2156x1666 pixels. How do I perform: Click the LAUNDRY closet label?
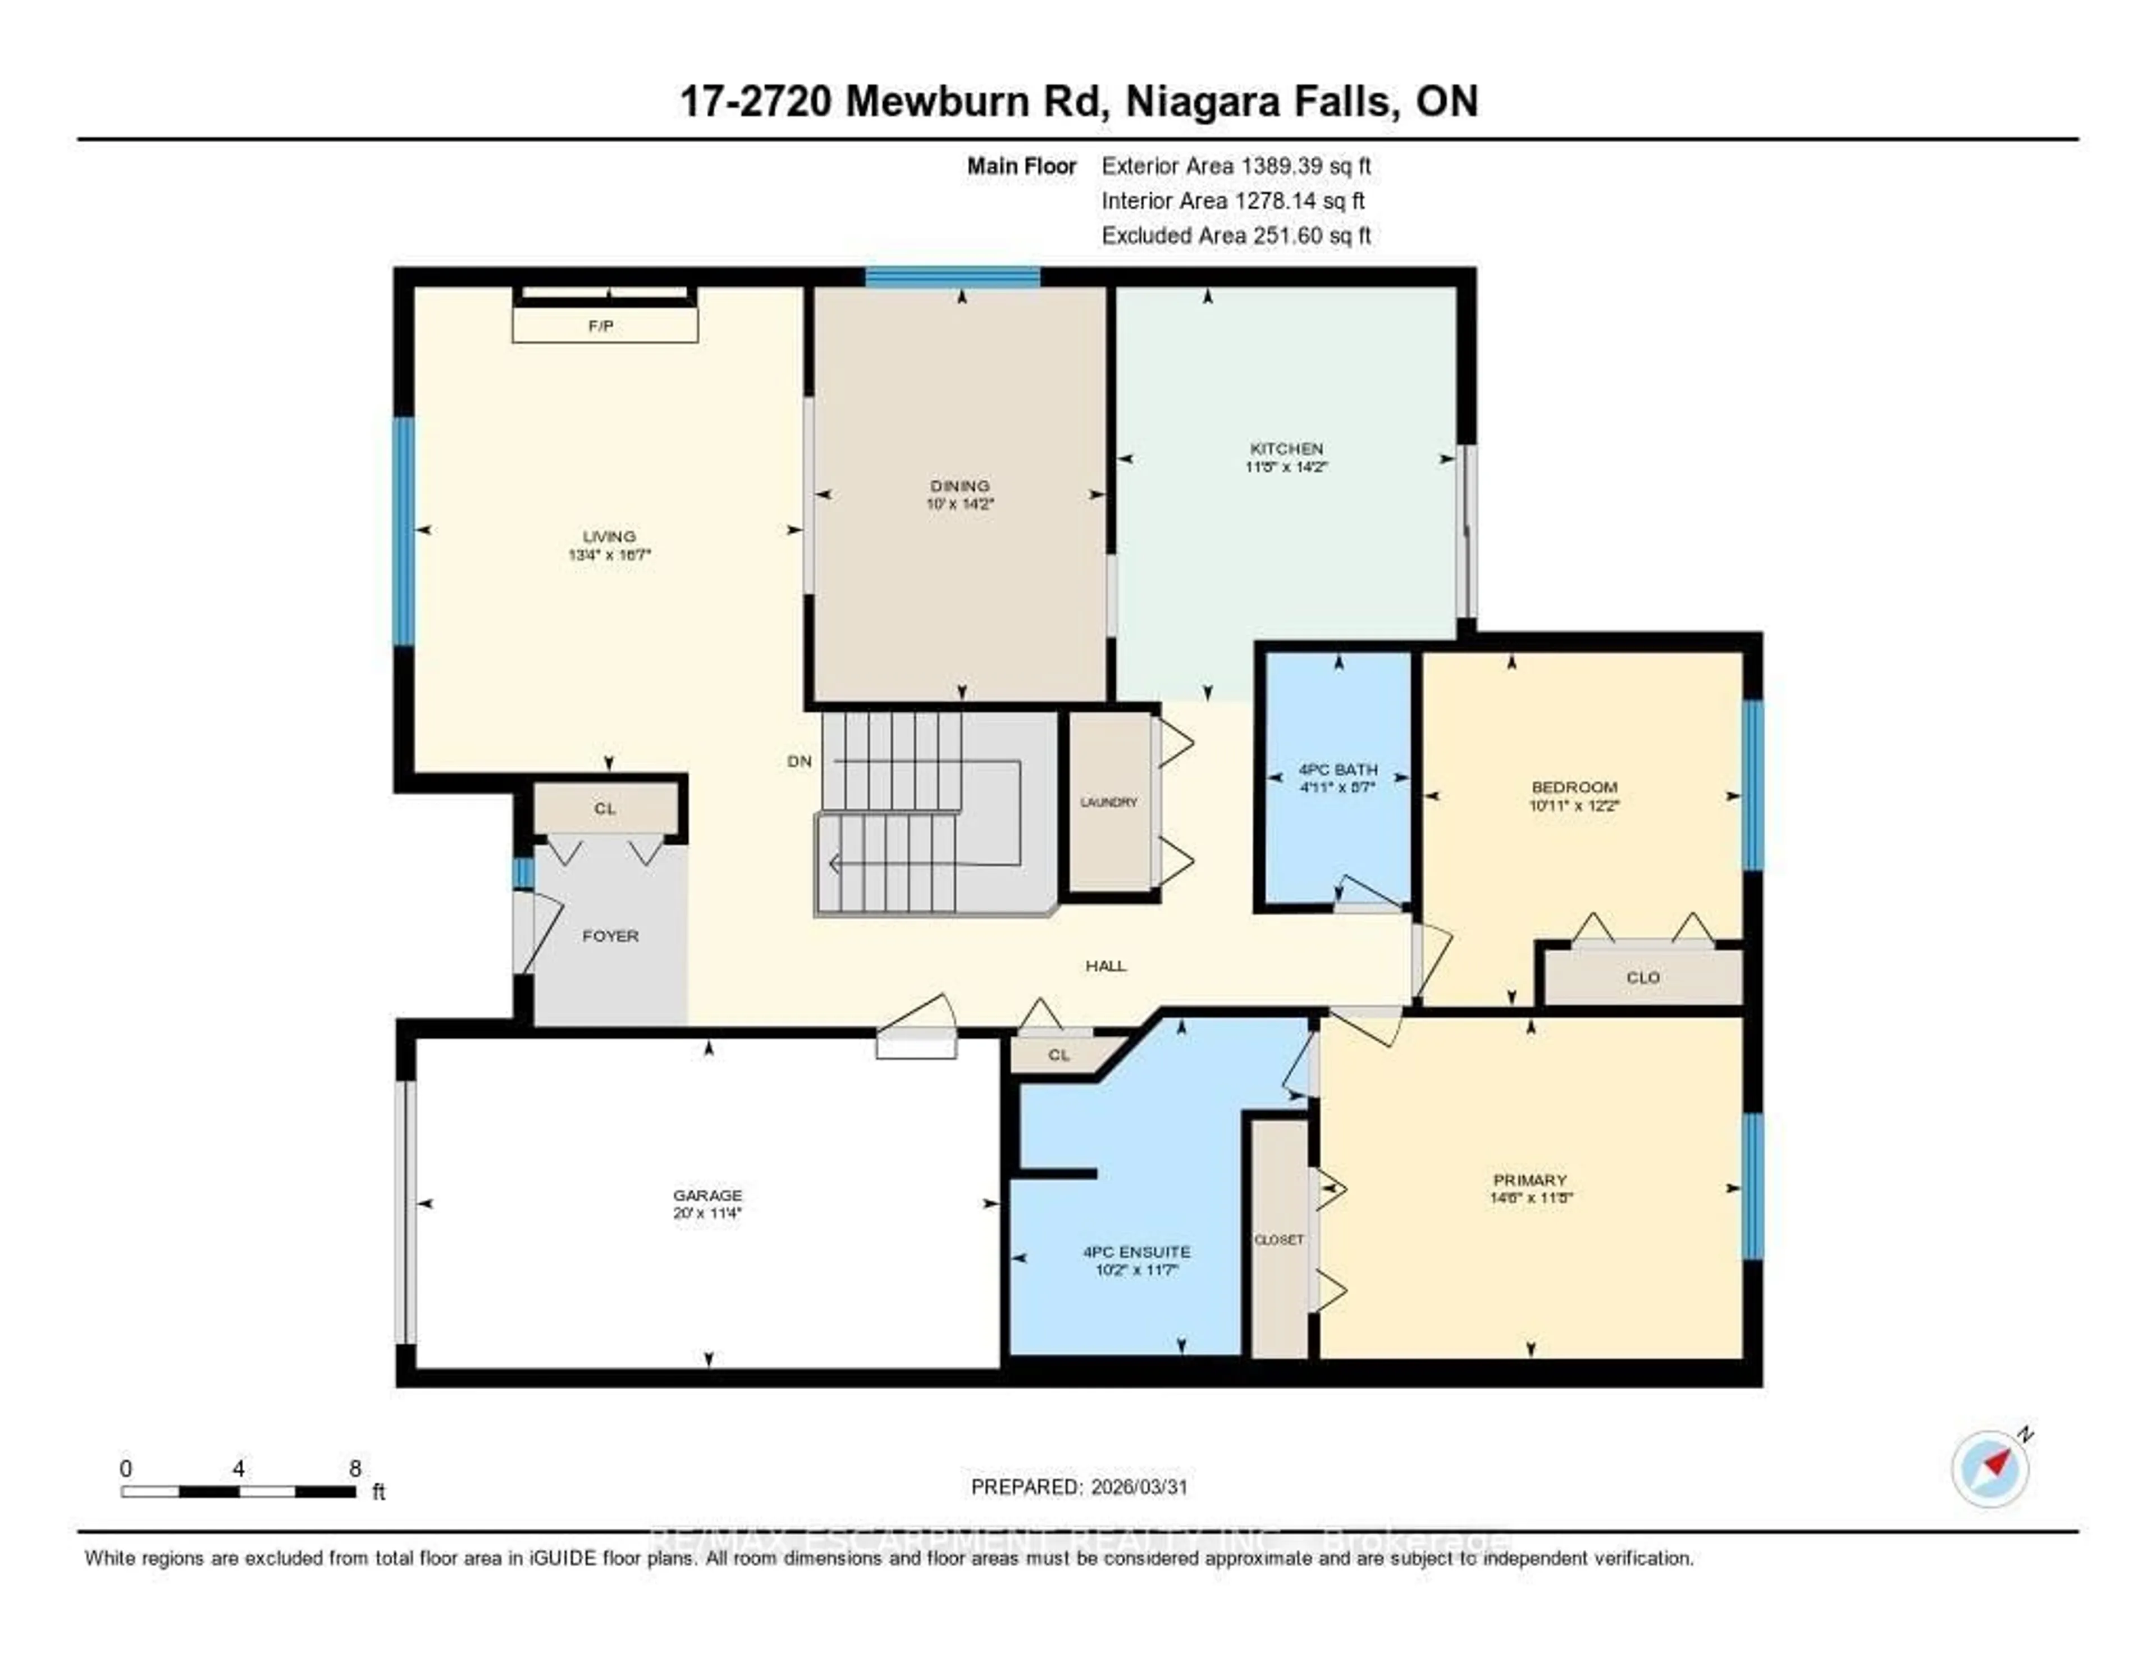(1109, 802)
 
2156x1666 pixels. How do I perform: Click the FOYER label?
(610, 935)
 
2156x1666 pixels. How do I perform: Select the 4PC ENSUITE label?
(1136, 1251)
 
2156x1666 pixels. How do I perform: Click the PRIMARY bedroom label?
(1529, 1180)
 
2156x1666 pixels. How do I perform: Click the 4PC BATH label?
(1337, 770)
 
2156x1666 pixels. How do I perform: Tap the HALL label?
(1106, 966)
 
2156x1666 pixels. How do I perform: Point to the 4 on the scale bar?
(238, 1468)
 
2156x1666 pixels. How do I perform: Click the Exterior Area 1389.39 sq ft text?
(1236, 166)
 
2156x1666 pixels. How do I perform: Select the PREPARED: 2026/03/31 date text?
(1079, 1486)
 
